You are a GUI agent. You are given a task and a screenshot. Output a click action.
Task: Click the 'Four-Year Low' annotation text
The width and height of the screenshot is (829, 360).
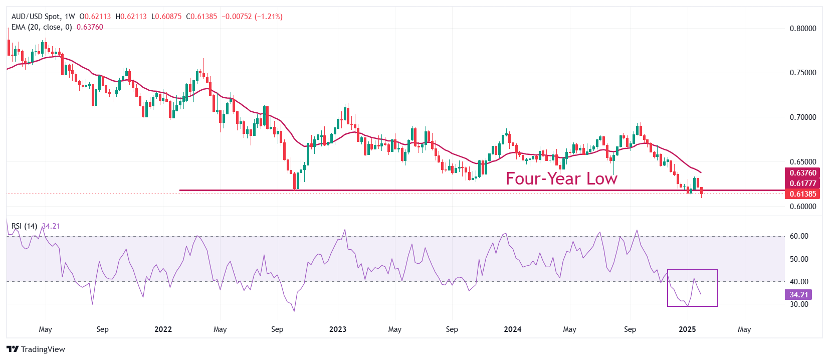pyautogui.click(x=561, y=179)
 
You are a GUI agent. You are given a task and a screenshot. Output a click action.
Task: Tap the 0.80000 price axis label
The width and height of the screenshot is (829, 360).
pyautogui.click(x=803, y=29)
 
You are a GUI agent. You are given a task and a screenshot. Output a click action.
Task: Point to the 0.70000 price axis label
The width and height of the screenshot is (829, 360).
pyautogui.click(x=803, y=117)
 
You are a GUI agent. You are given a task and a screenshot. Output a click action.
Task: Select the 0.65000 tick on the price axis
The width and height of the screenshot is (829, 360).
pyautogui.click(x=803, y=162)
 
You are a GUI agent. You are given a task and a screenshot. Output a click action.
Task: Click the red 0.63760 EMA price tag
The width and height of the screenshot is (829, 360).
pyautogui.click(x=803, y=173)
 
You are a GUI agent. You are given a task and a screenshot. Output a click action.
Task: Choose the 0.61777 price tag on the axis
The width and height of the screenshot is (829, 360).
pyautogui.click(x=803, y=184)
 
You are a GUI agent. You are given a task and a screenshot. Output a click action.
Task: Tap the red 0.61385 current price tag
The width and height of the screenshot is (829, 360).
pyautogui.click(x=803, y=194)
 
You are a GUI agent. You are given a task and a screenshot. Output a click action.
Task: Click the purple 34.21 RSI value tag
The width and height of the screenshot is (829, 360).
pyautogui.click(x=798, y=295)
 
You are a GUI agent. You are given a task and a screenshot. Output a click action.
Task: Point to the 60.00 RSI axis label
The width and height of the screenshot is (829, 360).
pyautogui.click(x=799, y=236)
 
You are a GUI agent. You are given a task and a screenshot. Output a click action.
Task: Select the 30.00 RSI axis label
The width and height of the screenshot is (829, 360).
pyautogui.click(x=799, y=304)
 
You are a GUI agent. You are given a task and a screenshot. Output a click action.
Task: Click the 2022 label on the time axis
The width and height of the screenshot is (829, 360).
pyautogui.click(x=163, y=329)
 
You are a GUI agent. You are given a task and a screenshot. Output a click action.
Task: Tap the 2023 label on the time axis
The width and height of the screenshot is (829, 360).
pyautogui.click(x=338, y=329)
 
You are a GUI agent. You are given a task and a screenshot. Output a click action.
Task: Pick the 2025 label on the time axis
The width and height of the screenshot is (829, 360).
pyautogui.click(x=687, y=329)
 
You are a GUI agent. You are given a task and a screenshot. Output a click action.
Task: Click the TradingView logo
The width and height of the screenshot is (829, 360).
pyautogui.click(x=36, y=349)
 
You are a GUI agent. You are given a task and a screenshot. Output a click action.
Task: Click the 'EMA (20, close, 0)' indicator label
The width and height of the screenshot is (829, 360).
pyautogui.click(x=42, y=27)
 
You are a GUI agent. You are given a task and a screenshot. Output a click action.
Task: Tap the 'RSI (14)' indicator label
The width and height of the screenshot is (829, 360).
pyautogui.click(x=25, y=226)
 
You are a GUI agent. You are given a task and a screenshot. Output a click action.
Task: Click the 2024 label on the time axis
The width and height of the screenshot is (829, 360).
pyautogui.click(x=512, y=329)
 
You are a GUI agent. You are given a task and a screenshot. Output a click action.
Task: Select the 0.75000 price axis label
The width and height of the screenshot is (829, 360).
pyautogui.click(x=803, y=73)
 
